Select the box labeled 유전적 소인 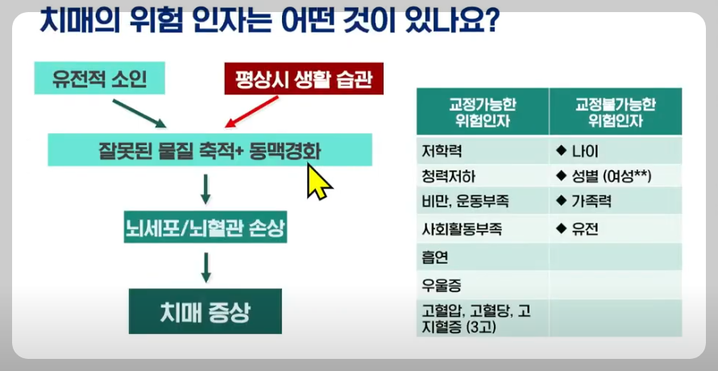[98, 80]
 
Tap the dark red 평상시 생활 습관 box [298, 80]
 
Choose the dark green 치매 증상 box [205, 310]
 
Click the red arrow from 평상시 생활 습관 [251, 112]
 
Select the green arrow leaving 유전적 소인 [139, 114]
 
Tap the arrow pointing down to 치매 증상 [205, 267]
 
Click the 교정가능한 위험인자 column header [482, 111]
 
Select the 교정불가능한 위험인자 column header [615, 111]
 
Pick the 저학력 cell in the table [482, 151]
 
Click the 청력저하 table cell [482, 176]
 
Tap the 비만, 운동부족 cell [482, 202]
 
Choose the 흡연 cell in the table [482, 257]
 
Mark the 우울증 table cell [482, 285]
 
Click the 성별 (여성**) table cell [615, 176]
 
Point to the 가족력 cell [615, 202]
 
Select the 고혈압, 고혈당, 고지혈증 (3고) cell [482, 318]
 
